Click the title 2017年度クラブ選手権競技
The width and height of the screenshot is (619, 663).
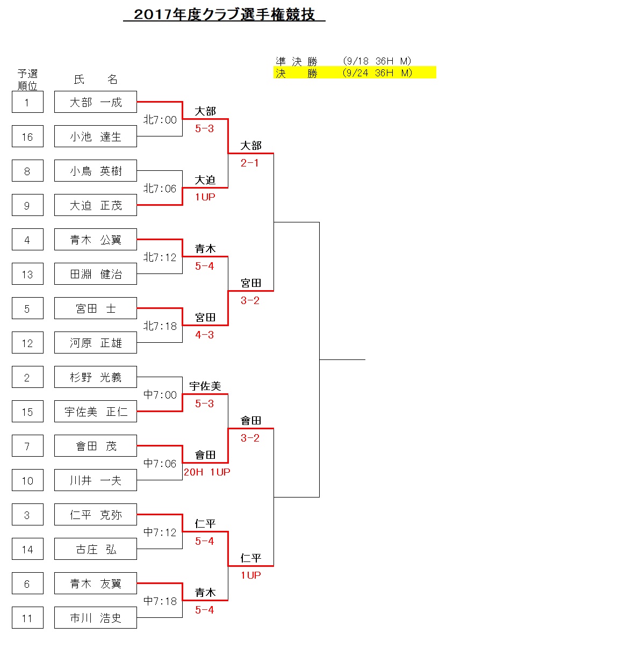point(224,15)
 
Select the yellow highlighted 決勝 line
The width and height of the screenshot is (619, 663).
point(354,73)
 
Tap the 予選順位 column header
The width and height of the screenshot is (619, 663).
point(27,80)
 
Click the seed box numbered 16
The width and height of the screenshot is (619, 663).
point(27,136)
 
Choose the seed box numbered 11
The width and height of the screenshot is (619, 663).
point(27,618)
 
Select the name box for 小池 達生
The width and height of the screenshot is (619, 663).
point(96,136)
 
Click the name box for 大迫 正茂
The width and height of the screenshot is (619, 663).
point(96,205)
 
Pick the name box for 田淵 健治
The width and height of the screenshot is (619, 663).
point(96,274)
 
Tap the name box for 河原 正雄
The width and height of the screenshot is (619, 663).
point(96,343)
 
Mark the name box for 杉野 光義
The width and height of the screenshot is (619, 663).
point(96,377)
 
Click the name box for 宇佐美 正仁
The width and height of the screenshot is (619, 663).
point(96,412)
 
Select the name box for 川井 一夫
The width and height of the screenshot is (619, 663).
point(96,480)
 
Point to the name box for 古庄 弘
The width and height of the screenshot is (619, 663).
point(96,549)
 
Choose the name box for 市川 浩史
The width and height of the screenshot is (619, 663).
point(96,618)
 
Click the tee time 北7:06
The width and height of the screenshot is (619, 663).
point(160,189)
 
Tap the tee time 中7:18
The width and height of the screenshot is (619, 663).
point(160,601)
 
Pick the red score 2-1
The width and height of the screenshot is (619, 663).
point(250,163)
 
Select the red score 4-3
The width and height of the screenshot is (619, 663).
point(204,335)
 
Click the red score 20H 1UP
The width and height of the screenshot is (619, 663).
point(207,472)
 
